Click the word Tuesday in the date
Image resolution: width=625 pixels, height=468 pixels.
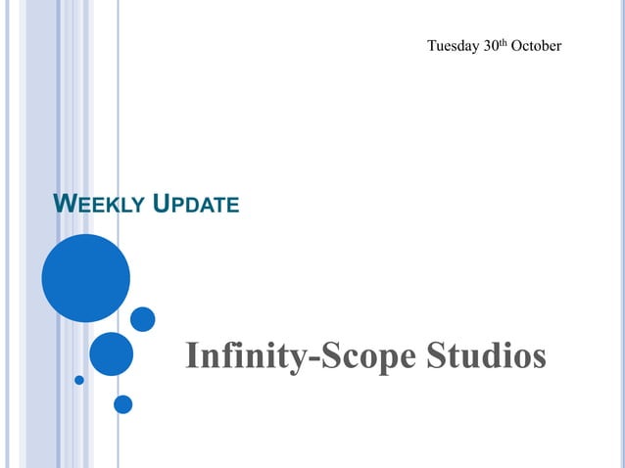[453, 46]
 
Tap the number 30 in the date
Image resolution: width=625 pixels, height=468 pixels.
[492, 46]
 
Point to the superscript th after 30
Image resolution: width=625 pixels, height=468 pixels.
[505, 42]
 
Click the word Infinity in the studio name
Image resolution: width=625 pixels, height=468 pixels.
[245, 356]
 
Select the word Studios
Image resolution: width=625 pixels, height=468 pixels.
[486, 355]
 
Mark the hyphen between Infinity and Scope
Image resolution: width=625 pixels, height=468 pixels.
[312, 359]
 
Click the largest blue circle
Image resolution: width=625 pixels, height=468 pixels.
[85, 278]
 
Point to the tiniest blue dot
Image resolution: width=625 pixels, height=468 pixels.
[79, 380]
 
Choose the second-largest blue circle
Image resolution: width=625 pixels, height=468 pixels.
[111, 353]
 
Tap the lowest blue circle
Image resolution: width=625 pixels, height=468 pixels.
[122, 403]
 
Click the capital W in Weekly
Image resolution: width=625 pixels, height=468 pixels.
[63, 204]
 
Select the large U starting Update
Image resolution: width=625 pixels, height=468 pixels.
[163, 204]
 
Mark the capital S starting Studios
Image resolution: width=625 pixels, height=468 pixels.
[437, 355]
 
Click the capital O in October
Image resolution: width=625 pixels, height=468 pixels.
[516, 46]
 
